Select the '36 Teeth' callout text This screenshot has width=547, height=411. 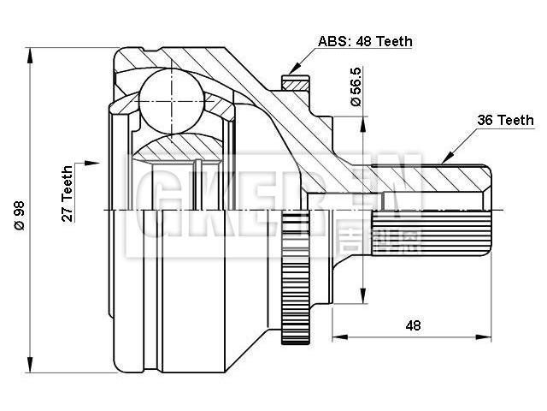click(504, 120)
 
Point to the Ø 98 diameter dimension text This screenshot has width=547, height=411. click(19, 211)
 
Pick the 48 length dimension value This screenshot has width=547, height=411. click(413, 325)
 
